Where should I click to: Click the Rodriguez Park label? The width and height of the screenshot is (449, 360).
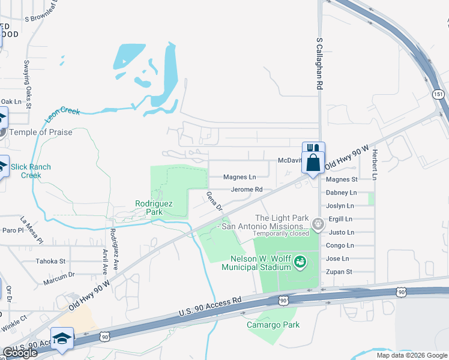154,208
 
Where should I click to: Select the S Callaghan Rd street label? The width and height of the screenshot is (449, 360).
319,62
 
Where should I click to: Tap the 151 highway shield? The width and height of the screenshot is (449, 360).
438,95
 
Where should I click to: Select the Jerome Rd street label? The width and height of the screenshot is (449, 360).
243,189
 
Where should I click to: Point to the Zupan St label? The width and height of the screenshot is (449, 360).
339,272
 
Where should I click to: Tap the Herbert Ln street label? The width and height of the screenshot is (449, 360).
374,164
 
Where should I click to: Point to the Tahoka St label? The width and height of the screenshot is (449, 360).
50,261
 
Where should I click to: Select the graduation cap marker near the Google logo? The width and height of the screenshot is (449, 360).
62,339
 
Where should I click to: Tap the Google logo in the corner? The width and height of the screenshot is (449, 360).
19,352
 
